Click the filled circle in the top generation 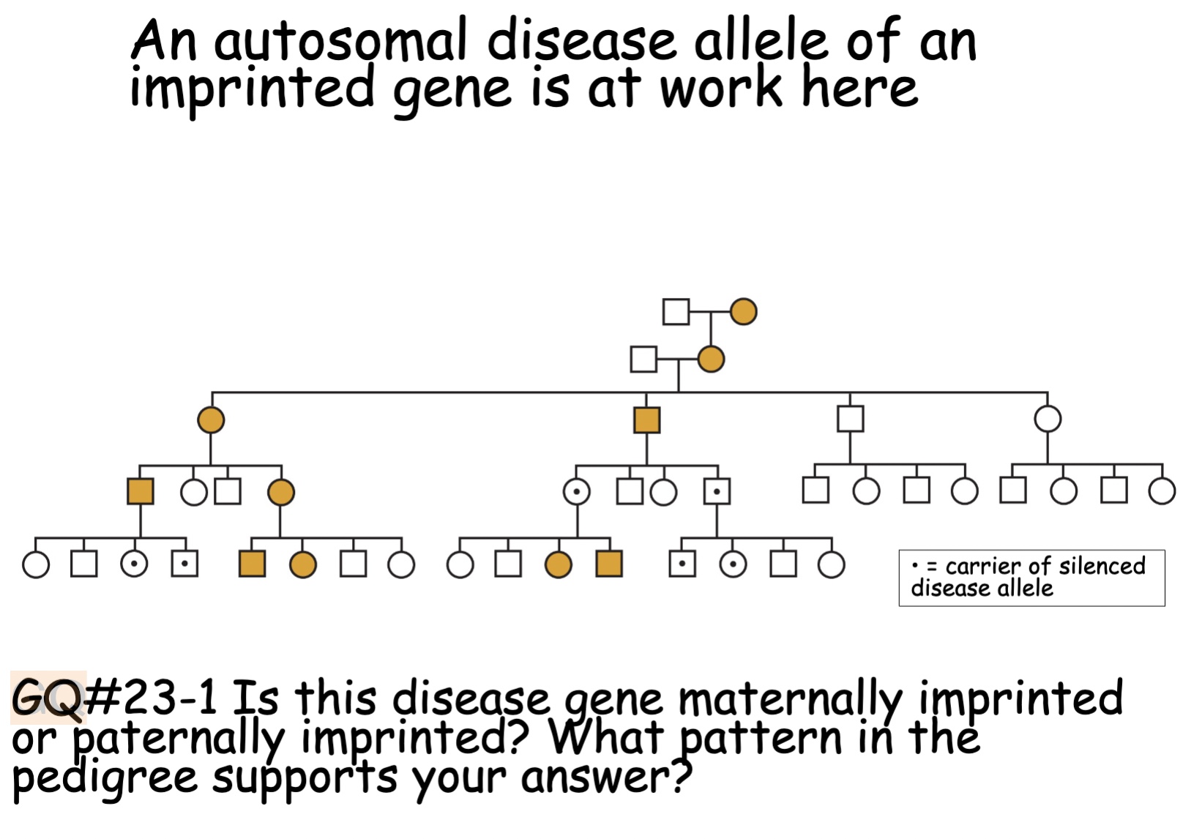click(x=743, y=312)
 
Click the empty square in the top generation click(x=676, y=312)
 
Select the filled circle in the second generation click(x=711, y=359)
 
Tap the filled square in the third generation click(x=646, y=420)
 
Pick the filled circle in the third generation click(x=211, y=420)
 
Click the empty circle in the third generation click(x=1048, y=419)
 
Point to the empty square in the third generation click(x=850, y=419)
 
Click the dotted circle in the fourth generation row click(x=577, y=492)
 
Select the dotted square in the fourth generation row click(x=717, y=492)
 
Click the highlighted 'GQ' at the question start click(x=48, y=697)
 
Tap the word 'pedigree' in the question click(x=105, y=778)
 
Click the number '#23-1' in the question click(x=152, y=697)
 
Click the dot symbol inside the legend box click(x=915, y=566)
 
